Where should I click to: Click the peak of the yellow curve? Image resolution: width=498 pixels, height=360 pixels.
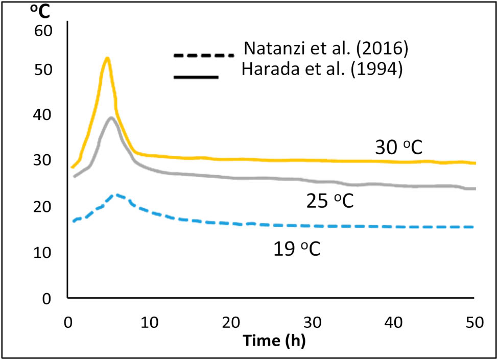[x=107, y=58]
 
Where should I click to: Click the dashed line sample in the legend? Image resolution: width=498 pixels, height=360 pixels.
[x=203, y=55]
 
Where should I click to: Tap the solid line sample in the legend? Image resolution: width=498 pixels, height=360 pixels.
[x=197, y=78]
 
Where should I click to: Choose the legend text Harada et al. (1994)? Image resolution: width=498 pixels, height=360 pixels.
[x=323, y=70]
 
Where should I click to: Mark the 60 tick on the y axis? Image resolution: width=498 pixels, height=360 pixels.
[x=43, y=32]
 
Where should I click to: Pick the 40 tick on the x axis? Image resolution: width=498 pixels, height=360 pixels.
[x=394, y=322]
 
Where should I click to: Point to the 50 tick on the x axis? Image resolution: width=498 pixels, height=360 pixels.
[x=475, y=322]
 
